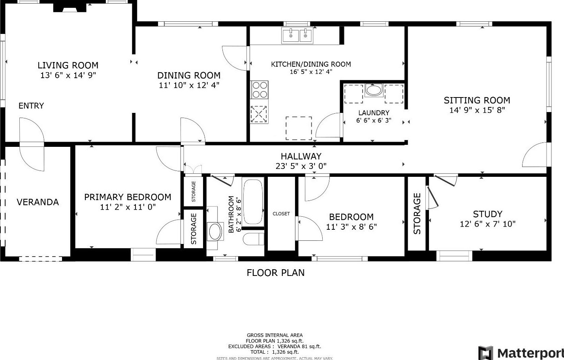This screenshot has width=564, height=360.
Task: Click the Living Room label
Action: click(x=68, y=66)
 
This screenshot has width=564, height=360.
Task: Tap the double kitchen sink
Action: click(x=297, y=35)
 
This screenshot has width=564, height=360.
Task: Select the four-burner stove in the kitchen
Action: click(x=259, y=90)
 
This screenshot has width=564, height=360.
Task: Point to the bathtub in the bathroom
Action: click(x=253, y=201)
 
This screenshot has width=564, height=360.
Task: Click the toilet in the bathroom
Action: click(x=254, y=238)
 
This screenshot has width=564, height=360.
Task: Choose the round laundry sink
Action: click(x=374, y=90)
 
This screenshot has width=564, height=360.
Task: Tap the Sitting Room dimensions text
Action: click(x=477, y=110)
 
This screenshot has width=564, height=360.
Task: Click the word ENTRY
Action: click(x=31, y=106)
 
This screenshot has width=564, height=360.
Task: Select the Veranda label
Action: click(x=38, y=202)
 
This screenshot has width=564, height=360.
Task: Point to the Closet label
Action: click(x=281, y=214)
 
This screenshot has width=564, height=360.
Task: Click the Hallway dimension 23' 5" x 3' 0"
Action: click(x=301, y=166)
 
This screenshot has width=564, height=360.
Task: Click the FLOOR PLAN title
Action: click(x=276, y=273)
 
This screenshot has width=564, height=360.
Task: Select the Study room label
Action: click(x=488, y=214)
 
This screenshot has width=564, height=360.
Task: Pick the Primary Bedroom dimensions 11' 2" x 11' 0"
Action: click(x=128, y=207)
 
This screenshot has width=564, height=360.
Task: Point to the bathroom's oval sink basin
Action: click(x=215, y=231)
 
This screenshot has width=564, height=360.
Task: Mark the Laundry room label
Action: click(x=374, y=113)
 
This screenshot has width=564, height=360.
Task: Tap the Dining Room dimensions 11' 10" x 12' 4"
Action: click(x=189, y=85)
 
